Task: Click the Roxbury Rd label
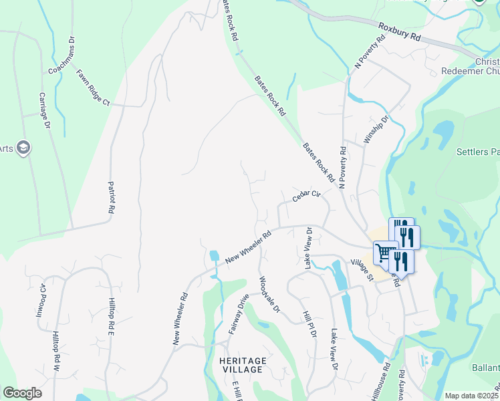click(x=399, y=33)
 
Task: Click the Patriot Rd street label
click(x=111, y=196)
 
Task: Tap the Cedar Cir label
click(x=307, y=196)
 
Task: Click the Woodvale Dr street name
click(x=269, y=295)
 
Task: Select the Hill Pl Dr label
click(x=308, y=324)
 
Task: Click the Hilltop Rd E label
click(x=112, y=317)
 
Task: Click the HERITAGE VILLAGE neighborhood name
click(x=243, y=366)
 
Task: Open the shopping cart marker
click(x=384, y=253)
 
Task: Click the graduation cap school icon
click(x=23, y=148)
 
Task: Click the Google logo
click(x=23, y=393)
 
